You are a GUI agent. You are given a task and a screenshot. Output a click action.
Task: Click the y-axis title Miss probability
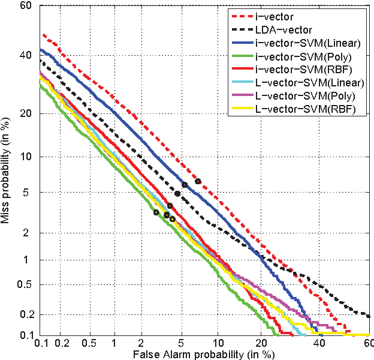tap(7, 174)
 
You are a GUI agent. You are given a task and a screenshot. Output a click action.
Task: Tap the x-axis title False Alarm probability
tap(204, 354)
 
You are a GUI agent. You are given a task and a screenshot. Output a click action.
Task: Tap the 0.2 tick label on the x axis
tap(62, 343)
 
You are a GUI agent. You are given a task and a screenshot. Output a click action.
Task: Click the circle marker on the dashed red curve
tap(198, 181)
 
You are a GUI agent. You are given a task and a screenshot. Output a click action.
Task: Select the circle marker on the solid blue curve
tap(185, 185)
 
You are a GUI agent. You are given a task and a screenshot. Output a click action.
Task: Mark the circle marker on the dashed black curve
tap(177, 194)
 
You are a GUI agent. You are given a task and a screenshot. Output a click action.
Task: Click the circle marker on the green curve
tap(156, 212)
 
